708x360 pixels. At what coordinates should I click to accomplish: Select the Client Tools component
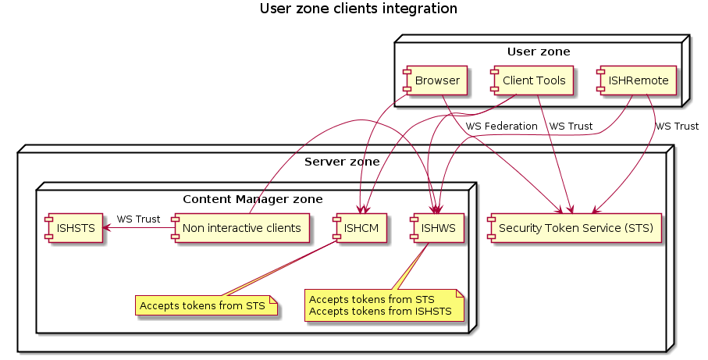pyautogui.click(x=532, y=80)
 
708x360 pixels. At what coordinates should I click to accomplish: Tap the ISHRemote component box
pyautogui.click(x=637, y=80)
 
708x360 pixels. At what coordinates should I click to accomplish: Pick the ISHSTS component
pyautogui.click(x=73, y=228)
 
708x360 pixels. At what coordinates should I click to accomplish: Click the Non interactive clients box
pyautogui.click(x=240, y=228)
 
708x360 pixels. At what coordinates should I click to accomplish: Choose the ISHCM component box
pyautogui.click(x=359, y=228)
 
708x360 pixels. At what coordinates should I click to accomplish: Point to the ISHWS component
pyautogui.click(x=436, y=228)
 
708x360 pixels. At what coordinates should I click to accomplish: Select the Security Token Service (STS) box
pyautogui.click(x=575, y=228)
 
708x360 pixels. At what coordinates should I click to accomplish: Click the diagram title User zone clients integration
pyautogui.click(x=358, y=9)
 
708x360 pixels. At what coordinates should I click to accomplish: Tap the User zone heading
pyautogui.click(x=539, y=52)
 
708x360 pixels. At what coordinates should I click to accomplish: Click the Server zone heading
pyautogui.click(x=342, y=162)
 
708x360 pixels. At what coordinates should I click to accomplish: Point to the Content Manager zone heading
pyautogui.click(x=253, y=199)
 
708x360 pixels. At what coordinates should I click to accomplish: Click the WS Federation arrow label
pyautogui.click(x=502, y=127)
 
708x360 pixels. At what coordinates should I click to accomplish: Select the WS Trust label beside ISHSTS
pyautogui.click(x=138, y=219)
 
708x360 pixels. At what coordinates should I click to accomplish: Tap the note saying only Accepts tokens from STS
pyautogui.click(x=206, y=305)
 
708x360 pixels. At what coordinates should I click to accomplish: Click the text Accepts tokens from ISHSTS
pyautogui.click(x=380, y=312)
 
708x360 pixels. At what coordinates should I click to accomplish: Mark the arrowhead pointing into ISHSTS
pyautogui.click(x=107, y=228)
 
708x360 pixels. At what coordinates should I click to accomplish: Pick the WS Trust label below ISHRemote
pyautogui.click(x=677, y=127)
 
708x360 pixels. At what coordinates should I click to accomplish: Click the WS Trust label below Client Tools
pyautogui.click(x=571, y=127)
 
